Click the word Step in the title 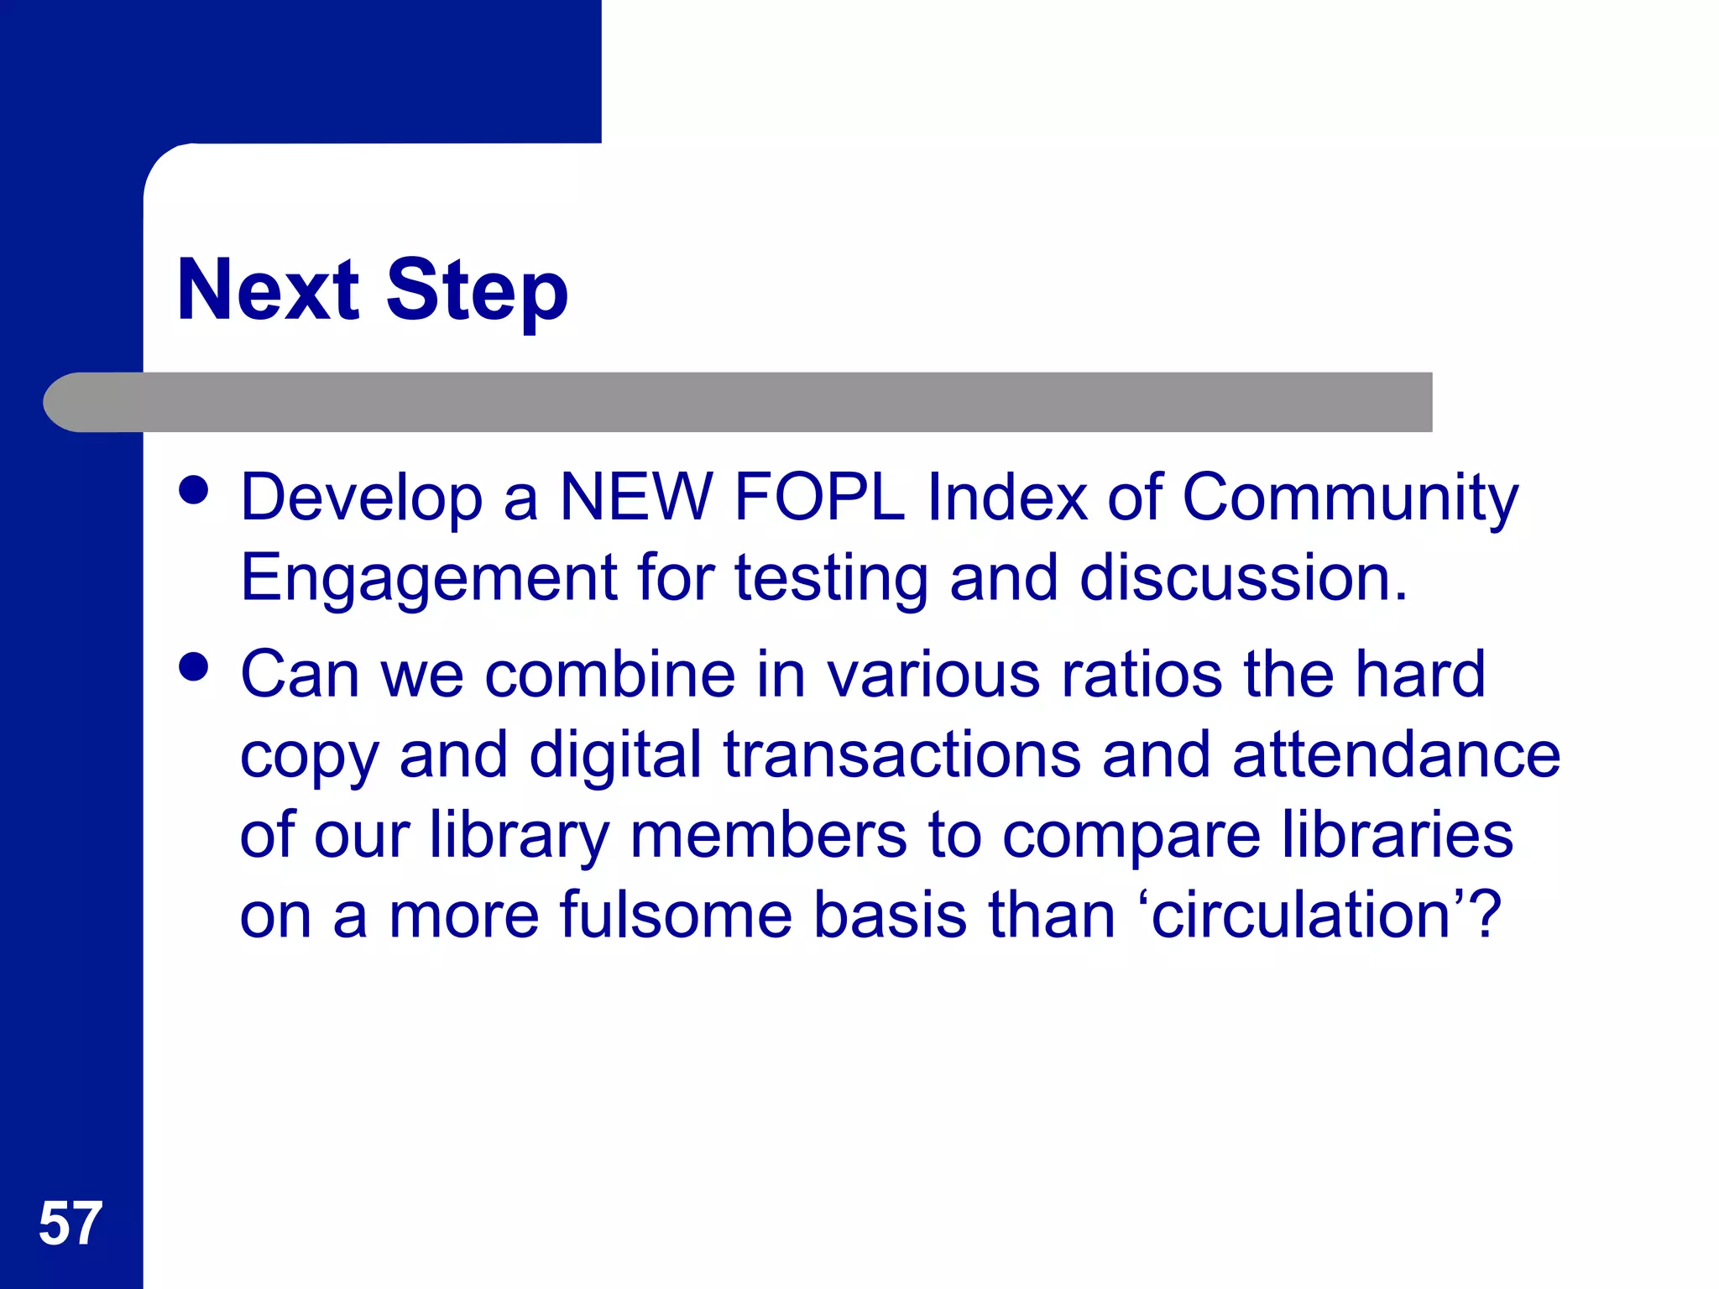477,290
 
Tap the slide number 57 71,1224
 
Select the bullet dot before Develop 194,490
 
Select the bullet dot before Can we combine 194,667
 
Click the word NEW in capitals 635,497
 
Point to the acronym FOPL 819,497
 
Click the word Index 1006,497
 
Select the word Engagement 429,579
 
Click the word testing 831,579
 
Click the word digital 614,755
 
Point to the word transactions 901,754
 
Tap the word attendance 1396,754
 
